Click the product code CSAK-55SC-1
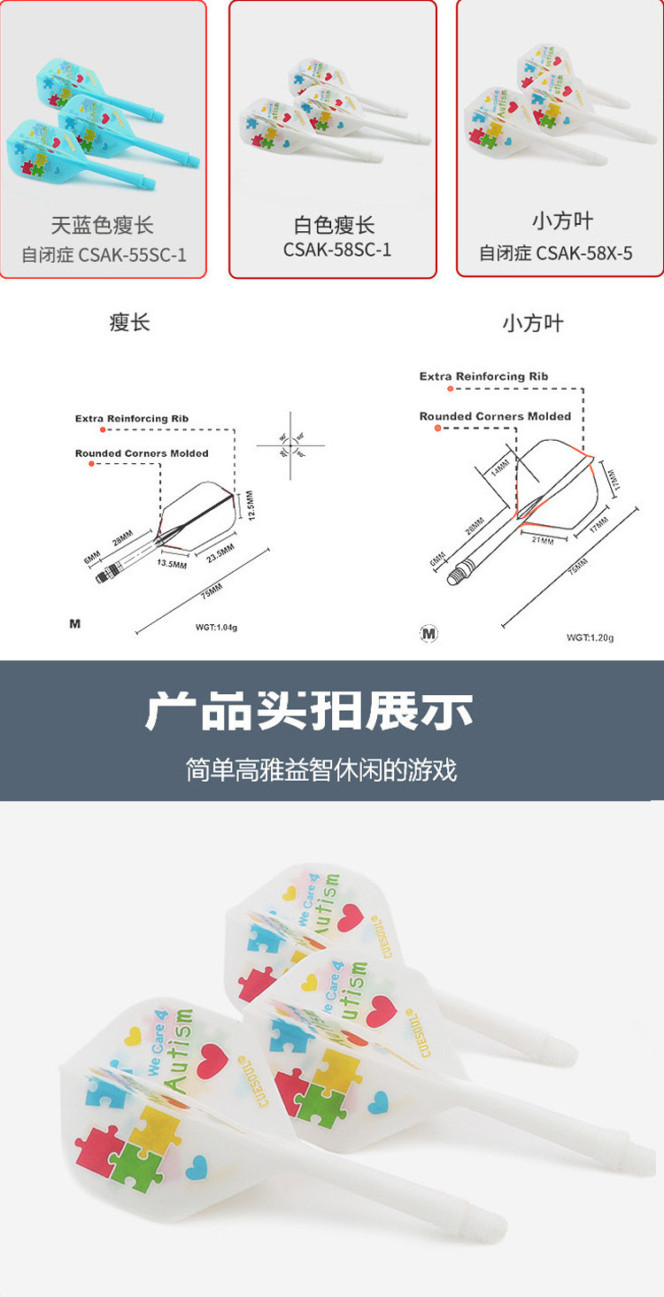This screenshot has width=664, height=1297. tap(132, 255)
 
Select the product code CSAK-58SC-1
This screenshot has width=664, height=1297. tap(337, 250)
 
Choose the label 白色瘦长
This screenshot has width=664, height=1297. tap(335, 226)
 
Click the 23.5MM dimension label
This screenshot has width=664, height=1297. tap(220, 553)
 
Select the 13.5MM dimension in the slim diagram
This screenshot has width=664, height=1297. tap(172, 563)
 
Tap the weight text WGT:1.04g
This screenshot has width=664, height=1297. tap(217, 627)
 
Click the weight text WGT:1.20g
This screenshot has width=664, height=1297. tap(590, 637)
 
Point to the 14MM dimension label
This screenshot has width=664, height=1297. tap(502, 467)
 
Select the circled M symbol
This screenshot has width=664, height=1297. tap(429, 633)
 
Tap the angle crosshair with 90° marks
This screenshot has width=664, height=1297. tap(290, 445)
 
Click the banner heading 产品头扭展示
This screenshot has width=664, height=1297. tap(309, 712)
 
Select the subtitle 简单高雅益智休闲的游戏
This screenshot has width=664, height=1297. tap(321, 768)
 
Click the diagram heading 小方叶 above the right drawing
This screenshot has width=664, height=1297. tap(532, 323)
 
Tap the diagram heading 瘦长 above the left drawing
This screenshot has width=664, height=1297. tap(130, 322)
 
